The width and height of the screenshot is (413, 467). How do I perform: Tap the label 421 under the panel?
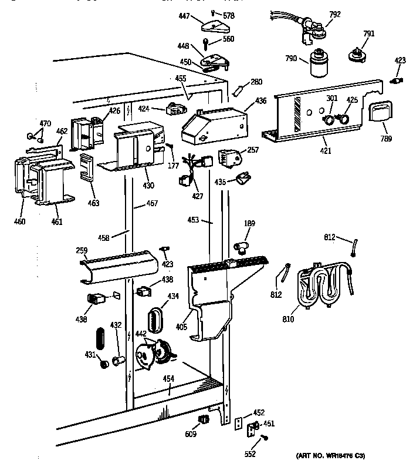(326, 151)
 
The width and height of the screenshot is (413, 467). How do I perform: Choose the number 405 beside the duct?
(181, 327)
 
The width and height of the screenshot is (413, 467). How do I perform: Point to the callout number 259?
(81, 251)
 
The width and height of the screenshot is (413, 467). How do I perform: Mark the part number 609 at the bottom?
(190, 434)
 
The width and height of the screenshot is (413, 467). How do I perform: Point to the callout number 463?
(93, 203)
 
